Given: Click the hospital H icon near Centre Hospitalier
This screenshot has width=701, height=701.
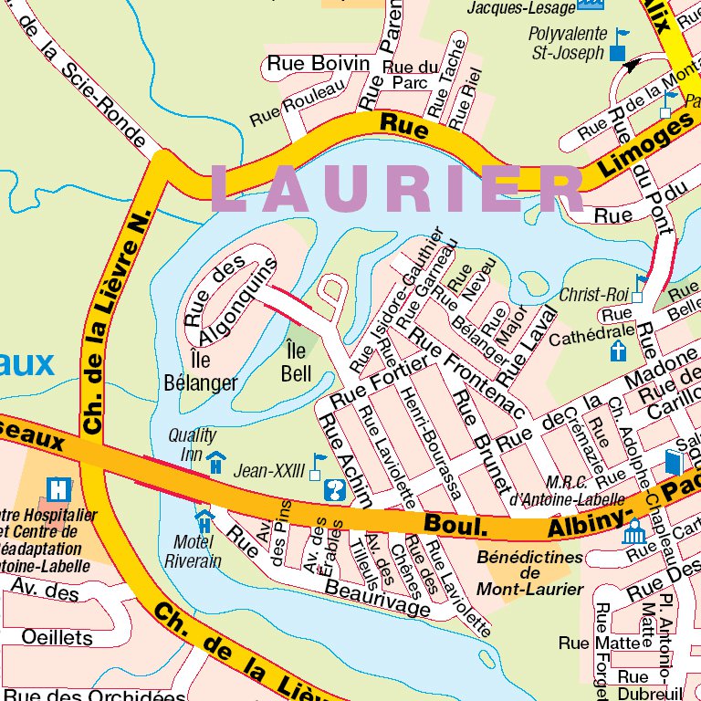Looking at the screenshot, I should (x=59, y=489).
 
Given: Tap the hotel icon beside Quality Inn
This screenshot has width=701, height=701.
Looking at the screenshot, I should (x=215, y=463).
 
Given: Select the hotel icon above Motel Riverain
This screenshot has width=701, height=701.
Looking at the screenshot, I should (x=204, y=520).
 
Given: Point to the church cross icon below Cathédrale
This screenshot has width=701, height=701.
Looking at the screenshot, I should (x=619, y=351).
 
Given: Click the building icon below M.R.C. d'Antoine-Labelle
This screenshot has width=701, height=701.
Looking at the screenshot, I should (x=633, y=531).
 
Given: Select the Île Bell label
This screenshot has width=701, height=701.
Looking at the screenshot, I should (x=297, y=361).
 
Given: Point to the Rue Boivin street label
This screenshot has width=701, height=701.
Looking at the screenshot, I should (x=318, y=64).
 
